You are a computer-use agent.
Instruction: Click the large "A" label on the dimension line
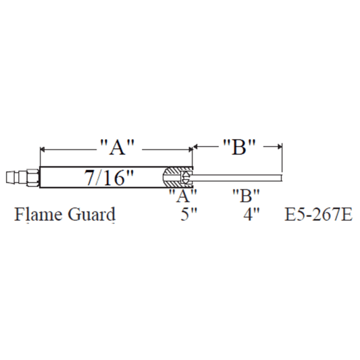(118, 147)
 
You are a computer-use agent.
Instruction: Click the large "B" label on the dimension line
(238, 147)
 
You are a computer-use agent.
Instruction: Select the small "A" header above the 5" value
(182, 196)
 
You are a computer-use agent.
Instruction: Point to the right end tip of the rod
(280, 178)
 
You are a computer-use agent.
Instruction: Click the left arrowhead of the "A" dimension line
(43, 147)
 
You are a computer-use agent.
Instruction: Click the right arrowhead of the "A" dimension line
(190, 147)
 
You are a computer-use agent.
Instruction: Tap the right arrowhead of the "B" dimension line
(278, 145)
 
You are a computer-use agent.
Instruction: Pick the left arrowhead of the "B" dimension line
(197, 145)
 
